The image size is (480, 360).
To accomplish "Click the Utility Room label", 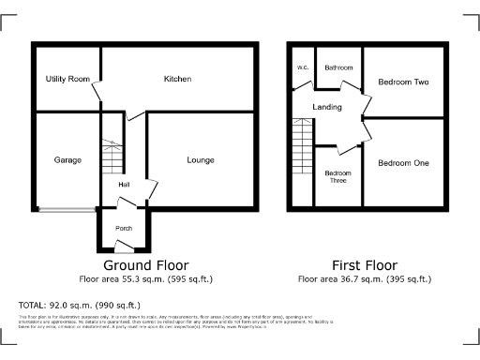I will (x=67, y=80).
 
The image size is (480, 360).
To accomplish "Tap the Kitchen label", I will (x=177, y=80).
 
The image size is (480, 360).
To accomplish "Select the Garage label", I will (x=67, y=160).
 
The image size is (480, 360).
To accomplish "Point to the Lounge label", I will (x=200, y=160).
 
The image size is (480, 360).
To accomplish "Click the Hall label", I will (x=124, y=185).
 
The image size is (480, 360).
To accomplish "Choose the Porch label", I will (x=123, y=229).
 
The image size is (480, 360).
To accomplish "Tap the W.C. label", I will (x=303, y=68).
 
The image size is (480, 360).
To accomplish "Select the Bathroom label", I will (x=338, y=68).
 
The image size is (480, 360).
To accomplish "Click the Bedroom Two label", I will (x=403, y=82).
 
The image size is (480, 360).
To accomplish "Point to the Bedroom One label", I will (x=403, y=163).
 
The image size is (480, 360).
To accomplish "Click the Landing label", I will (x=327, y=108).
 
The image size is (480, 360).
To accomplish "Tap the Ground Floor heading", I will (x=145, y=264).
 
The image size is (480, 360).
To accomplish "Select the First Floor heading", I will (x=365, y=264).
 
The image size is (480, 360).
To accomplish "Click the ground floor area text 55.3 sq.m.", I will (x=145, y=279).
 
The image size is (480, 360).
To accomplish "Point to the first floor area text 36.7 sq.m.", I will (x=365, y=279).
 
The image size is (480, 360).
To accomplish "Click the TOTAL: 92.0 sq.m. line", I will (x=80, y=306).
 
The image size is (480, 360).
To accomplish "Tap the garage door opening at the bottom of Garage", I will (x=66, y=209).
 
